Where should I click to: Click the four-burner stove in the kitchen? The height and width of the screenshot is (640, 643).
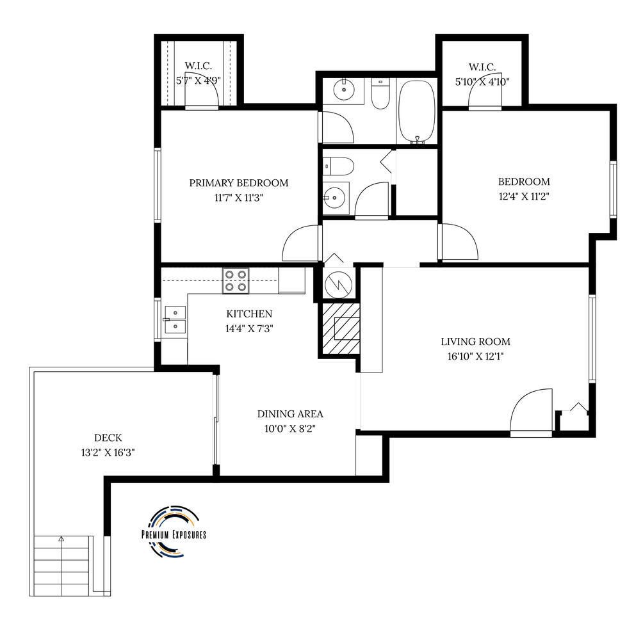[x=236, y=281]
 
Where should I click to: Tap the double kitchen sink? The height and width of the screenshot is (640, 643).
[x=175, y=319]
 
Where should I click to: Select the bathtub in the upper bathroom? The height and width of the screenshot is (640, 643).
[x=417, y=111]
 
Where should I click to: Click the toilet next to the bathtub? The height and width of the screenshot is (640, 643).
[x=380, y=94]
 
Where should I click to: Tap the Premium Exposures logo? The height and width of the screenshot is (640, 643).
[x=174, y=531]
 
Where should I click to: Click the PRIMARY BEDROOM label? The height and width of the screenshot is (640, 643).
[x=239, y=183]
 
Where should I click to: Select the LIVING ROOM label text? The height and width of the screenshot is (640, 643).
[x=476, y=341]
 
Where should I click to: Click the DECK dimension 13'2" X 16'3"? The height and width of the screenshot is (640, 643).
[x=108, y=452]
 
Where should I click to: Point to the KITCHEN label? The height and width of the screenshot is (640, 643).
[x=249, y=314]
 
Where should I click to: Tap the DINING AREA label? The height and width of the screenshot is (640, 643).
[x=290, y=414]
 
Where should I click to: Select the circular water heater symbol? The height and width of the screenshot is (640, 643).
[x=338, y=284]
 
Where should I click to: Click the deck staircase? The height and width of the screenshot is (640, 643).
[x=61, y=565]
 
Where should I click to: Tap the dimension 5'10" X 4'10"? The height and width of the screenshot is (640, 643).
[x=482, y=81]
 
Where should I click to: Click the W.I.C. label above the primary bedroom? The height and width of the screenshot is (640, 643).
[x=199, y=65]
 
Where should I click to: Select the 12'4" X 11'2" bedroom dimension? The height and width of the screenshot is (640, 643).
[x=524, y=196]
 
